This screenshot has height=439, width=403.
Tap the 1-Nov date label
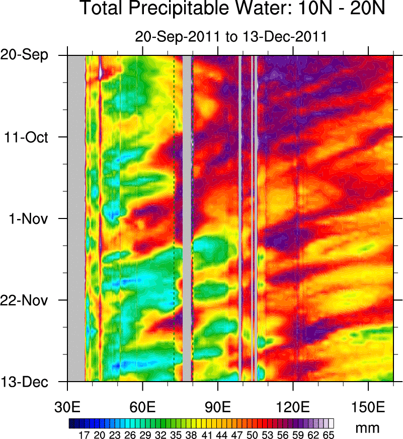click(36, 218)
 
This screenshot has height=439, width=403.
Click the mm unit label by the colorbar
click(367, 428)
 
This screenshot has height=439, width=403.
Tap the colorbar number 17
click(84, 434)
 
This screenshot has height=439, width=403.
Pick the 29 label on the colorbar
click(144, 434)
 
